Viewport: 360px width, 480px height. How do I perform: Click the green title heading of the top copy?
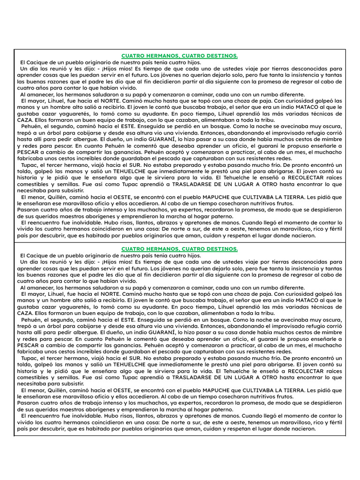coord(180,56)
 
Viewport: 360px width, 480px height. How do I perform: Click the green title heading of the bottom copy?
coord(180,249)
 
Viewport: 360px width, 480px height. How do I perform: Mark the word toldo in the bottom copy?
coord(24,364)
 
